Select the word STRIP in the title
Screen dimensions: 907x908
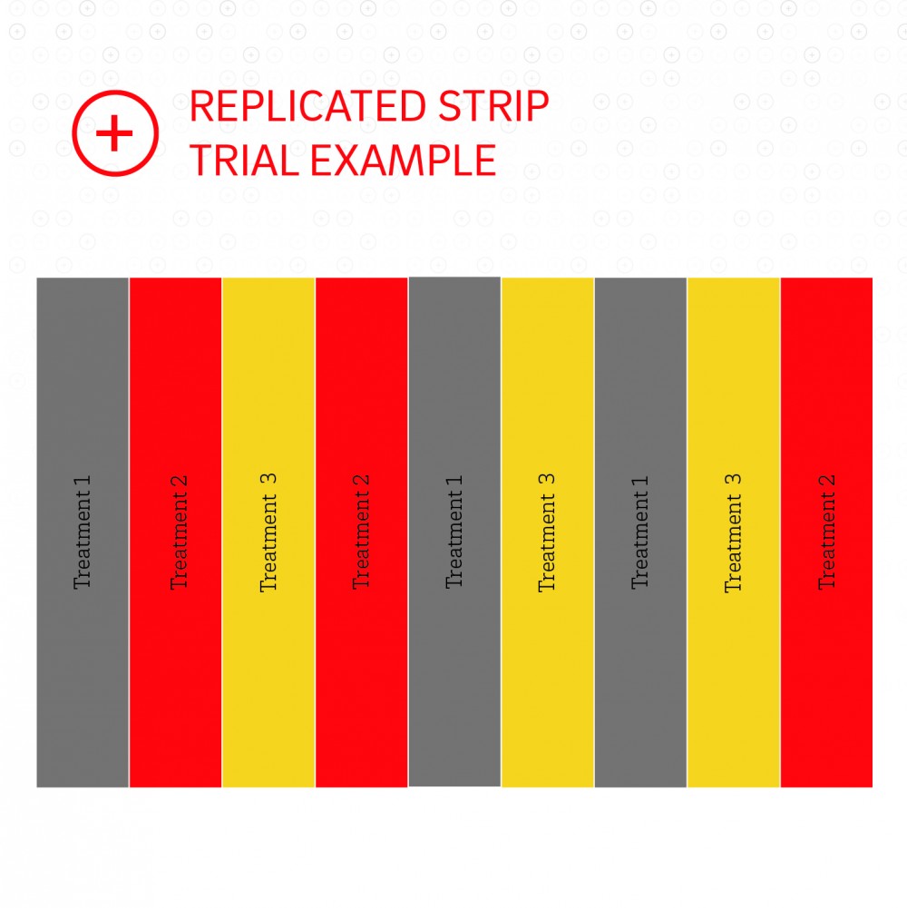click(x=493, y=106)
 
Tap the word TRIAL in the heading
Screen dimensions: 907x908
click(x=244, y=160)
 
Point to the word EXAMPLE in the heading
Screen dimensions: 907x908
click(x=403, y=160)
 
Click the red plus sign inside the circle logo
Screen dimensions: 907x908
click(x=114, y=132)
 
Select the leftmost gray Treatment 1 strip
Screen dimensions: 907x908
click(x=83, y=532)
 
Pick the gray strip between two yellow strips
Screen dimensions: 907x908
click(x=640, y=532)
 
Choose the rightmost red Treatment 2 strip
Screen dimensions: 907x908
click(x=826, y=532)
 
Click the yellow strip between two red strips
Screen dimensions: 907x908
click(x=268, y=532)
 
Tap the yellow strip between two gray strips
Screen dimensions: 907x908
click(x=547, y=532)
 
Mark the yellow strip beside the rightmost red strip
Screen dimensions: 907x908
click(x=733, y=532)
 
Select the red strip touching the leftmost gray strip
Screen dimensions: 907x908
click(x=175, y=532)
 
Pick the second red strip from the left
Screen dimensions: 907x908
click(x=361, y=532)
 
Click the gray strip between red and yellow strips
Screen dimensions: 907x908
click(x=454, y=532)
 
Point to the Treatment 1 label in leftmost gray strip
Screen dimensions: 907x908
click(x=83, y=532)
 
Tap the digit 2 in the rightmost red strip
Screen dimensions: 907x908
click(x=827, y=481)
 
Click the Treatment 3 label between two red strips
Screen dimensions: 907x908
click(x=268, y=532)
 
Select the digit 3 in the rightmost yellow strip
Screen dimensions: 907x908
click(x=733, y=480)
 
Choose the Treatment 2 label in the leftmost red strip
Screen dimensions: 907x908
click(x=179, y=532)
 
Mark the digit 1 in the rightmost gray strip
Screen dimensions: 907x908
click(x=640, y=482)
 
